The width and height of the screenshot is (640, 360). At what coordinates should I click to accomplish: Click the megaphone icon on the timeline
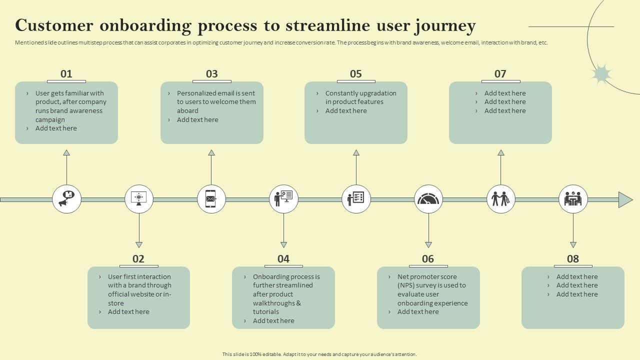point(66,199)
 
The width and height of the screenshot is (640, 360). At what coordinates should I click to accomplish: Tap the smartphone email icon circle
point(211,199)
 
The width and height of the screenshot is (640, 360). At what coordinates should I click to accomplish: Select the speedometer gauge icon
point(428,199)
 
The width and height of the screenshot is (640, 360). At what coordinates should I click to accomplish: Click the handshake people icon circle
point(500,199)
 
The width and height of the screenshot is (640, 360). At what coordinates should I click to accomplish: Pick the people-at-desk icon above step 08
point(573,199)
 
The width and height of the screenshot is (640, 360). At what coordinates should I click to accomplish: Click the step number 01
point(66,74)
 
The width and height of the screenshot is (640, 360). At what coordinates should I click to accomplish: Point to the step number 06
point(428,259)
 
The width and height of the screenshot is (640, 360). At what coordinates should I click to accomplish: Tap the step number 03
point(212,74)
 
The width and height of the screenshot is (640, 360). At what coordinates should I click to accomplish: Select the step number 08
point(573,259)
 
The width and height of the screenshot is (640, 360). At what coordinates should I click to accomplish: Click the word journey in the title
point(445,25)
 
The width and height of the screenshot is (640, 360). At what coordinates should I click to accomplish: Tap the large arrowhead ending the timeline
point(625,199)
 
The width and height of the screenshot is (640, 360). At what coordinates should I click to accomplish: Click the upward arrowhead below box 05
point(356,152)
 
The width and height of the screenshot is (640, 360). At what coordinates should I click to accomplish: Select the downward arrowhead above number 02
point(139,245)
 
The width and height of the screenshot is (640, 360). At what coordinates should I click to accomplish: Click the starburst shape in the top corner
point(601,74)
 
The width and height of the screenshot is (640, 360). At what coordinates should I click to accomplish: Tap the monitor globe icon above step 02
point(139,199)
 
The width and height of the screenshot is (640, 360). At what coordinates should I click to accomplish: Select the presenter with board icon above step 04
point(283,199)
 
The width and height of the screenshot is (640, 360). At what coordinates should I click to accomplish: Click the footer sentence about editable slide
point(319,354)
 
